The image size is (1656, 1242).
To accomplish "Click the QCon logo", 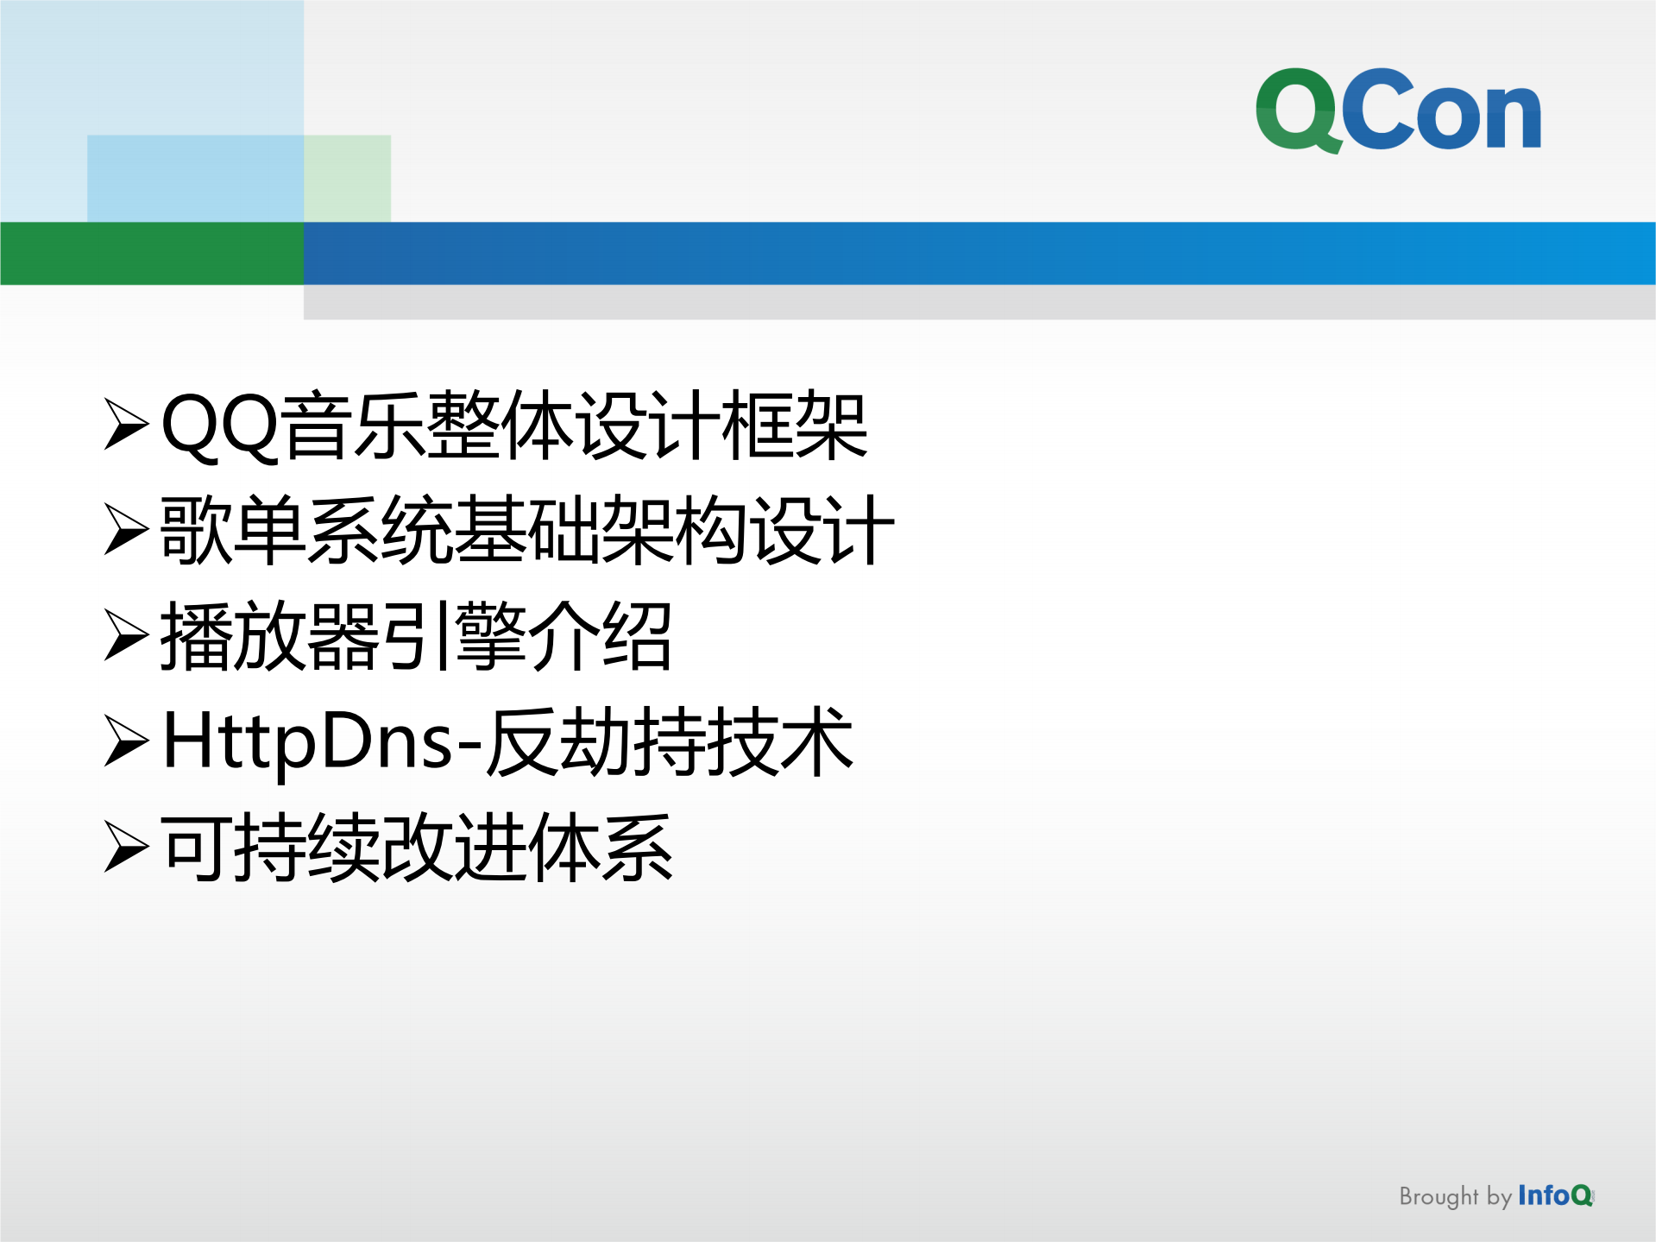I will [x=1398, y=110].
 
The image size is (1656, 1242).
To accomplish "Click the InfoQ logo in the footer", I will [x=1555, y=1195].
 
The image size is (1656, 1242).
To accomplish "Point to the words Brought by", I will [x=1455, y=1196].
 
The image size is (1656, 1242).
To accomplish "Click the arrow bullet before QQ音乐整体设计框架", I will [x=126, y=424].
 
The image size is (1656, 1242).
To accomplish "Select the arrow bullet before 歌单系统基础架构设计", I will [x=126, y=529].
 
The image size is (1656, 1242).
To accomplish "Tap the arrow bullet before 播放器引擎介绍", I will [x=126, y=635].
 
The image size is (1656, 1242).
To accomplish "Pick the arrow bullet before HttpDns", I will [x=126, y=741].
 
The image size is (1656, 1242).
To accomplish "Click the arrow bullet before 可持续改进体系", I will [x=126, y=847].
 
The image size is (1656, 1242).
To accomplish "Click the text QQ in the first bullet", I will [x=220, y=425].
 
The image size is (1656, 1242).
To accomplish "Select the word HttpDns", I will [x=307, y=741].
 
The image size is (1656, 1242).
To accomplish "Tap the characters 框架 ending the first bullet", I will [x=795, y=425].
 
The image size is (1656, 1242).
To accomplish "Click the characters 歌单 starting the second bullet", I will [x=233, y=530].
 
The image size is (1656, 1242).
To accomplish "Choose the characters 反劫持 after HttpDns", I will [x=595, y=741].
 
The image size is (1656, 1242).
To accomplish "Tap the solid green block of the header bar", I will [x=152, y=253].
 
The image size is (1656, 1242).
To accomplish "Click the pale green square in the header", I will [x=348, y=177].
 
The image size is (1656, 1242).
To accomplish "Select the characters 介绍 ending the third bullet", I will [x=600, y=636].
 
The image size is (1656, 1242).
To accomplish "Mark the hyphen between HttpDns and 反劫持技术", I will [x=469, y=743].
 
